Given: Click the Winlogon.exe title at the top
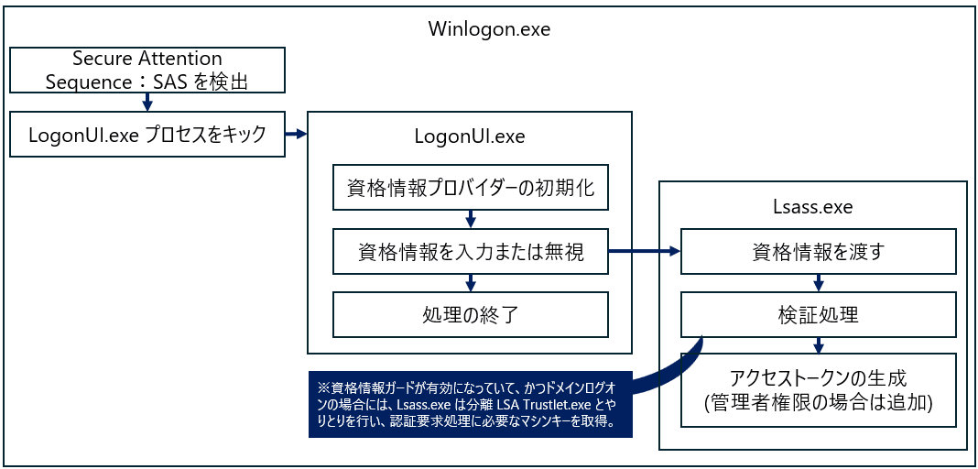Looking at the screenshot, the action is (490, 29).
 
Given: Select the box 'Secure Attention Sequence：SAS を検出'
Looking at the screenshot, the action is (147, 70).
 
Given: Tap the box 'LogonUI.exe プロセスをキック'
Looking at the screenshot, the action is (147, 134).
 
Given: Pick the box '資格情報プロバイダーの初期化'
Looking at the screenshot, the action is (471, 187).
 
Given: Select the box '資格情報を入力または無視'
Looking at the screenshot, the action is (471, 251).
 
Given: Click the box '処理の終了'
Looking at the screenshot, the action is (471, 314).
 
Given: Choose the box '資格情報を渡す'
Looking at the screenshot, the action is (819, 251).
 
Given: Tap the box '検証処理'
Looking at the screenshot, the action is (819, 314).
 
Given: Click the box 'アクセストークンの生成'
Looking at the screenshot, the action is (819, 390).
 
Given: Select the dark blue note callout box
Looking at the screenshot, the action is (471, 404).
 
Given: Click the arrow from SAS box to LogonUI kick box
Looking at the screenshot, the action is (147, 102).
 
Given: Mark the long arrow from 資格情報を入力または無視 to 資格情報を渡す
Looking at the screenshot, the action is (645, 251).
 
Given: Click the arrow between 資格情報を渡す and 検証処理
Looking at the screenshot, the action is (819, 282).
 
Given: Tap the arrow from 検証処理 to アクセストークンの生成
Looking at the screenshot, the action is (819, 345).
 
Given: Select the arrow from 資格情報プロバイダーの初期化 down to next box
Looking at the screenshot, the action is (471, 219).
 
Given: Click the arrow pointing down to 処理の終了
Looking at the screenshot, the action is (471, 282).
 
